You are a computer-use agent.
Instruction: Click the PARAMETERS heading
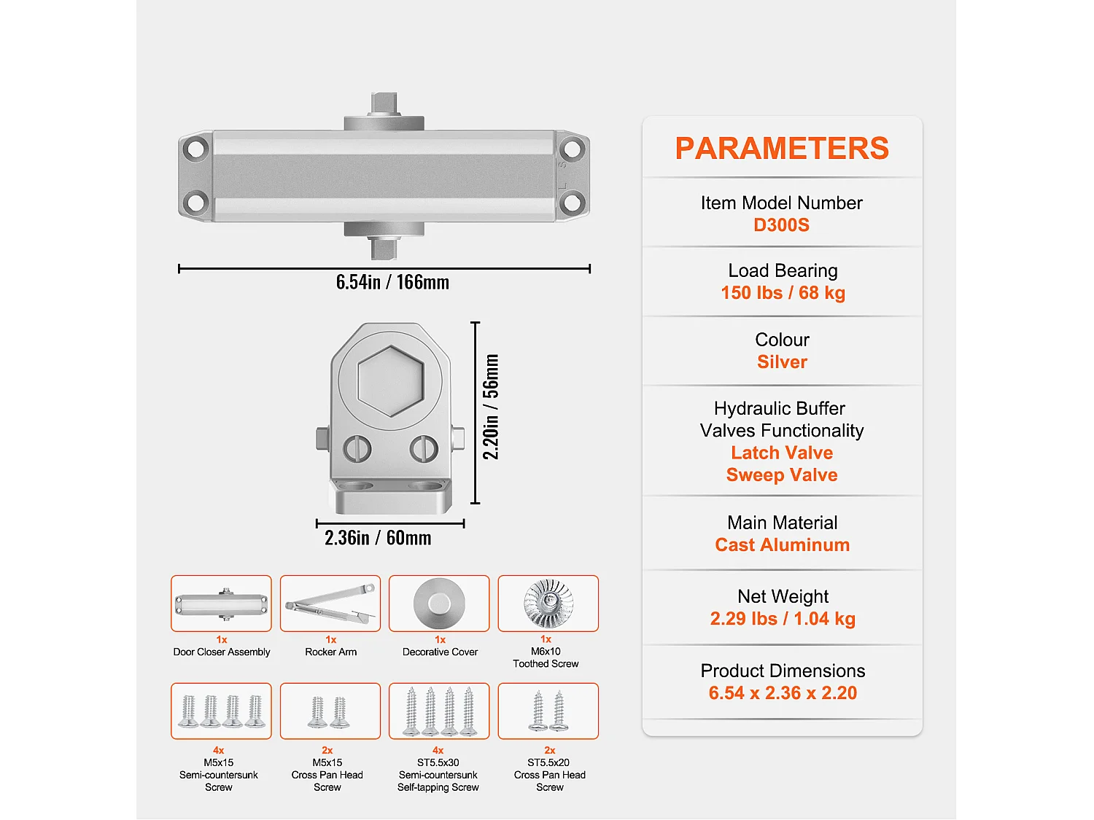[782, 148]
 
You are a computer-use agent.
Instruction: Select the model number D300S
[782, 225]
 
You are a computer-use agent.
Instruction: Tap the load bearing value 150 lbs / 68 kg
[783, 293]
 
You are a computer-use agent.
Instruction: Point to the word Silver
[782, 362]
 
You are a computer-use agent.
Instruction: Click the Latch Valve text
[782, 453]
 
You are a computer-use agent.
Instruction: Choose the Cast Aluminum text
[782, 544]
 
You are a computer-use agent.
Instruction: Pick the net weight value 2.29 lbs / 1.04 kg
[783, 618]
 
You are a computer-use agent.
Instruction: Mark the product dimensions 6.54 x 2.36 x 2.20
[783, 692]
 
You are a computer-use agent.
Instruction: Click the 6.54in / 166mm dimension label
[392, 282]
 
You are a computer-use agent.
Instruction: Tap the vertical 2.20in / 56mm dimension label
[490, 407]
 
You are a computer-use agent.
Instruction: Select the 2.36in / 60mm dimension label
[378, 538]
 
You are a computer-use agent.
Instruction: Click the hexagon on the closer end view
[390, 381]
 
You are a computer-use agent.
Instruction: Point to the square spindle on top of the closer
[384, 104]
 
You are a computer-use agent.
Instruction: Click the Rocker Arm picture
[330, 604]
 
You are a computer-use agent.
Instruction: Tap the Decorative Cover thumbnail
[439, 604]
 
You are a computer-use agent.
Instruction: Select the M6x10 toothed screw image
[548, 604]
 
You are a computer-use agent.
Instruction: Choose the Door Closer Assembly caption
[221, 652]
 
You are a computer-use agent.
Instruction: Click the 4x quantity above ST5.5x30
[438, 750]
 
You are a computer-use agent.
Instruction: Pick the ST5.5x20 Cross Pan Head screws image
[548, 711]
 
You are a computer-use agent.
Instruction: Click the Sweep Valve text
[782, 475]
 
